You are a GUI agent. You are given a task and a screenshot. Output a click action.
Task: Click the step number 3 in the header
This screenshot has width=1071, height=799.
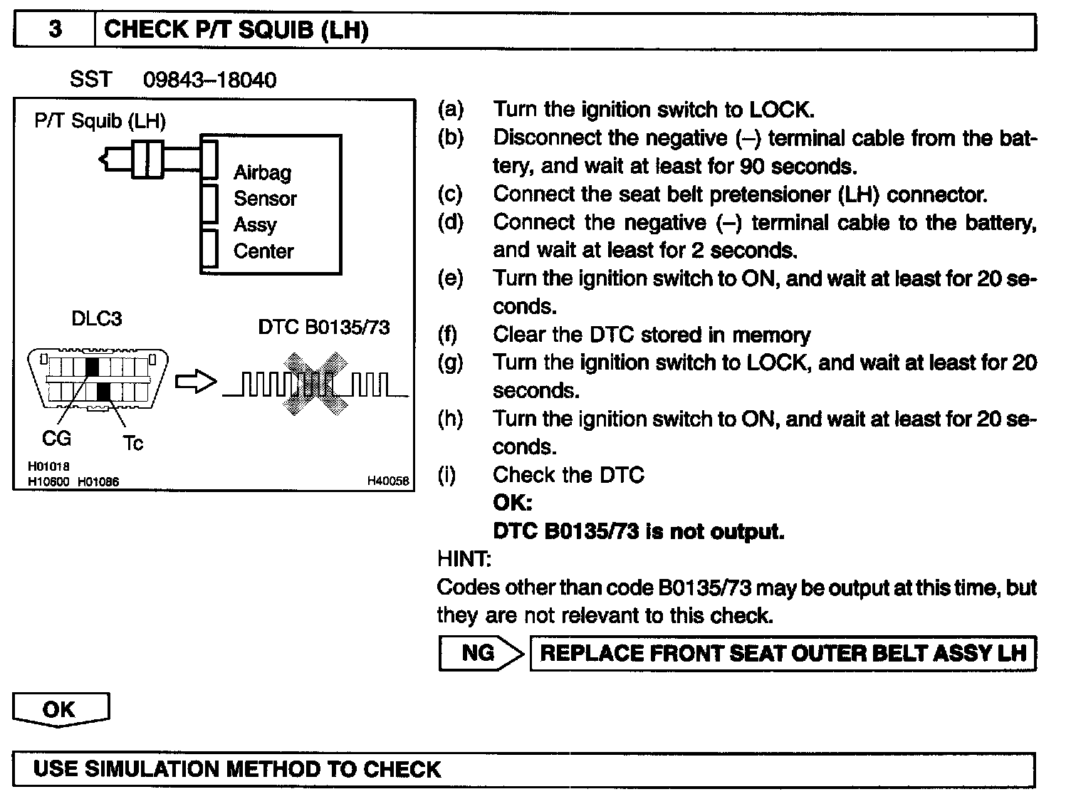54,30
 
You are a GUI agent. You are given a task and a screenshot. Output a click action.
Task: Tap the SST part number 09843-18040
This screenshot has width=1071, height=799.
209,80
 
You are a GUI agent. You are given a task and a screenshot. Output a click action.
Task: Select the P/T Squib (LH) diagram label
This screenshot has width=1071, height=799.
100,121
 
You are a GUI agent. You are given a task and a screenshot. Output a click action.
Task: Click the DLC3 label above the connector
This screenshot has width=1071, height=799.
96,318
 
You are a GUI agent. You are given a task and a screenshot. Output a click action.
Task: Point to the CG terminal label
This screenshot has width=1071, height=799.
56,439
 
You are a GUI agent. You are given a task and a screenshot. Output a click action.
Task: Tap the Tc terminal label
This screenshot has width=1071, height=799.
132,444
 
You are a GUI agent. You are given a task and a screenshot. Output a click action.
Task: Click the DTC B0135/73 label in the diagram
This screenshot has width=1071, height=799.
324,327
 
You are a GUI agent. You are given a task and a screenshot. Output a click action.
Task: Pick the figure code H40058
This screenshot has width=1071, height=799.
388,481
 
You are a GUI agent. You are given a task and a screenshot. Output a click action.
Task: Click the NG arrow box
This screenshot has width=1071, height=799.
481,653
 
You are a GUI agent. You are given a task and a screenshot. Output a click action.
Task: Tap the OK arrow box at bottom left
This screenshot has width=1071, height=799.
61,709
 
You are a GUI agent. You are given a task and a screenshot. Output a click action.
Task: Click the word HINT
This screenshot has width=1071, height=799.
464,560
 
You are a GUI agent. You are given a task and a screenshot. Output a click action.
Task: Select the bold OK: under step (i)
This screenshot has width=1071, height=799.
513,503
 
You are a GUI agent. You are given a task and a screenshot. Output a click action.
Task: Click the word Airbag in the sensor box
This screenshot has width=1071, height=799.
262,172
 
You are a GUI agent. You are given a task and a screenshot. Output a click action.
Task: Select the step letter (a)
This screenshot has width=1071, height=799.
450,110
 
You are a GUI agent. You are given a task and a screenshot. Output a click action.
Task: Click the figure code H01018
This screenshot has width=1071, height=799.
49,466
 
